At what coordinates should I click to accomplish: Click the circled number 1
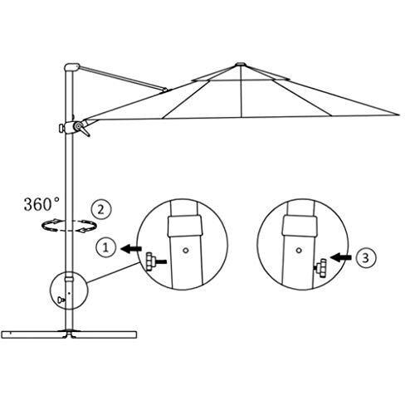[105, 247]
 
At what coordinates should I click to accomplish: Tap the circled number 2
[101, 209]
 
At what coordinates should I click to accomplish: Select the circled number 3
[365, 258]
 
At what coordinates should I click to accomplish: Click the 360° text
[41, 204]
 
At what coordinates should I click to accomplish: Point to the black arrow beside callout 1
[131, 249]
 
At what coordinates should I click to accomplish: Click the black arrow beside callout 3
[341, 257]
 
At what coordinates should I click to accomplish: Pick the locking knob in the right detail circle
[321, 268]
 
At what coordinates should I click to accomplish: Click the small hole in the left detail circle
[186, 251]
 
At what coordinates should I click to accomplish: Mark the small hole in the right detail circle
[299, 251]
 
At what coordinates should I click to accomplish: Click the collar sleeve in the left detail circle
[185, 226]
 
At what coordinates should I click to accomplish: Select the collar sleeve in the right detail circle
[300, 226]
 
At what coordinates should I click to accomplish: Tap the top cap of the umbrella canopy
[241, 65]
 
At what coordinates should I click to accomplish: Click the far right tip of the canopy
[399, 115]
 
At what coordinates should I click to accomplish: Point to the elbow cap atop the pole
[71, 67]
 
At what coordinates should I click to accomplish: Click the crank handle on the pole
[82, 129]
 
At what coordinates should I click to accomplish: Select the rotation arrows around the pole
[69, 226]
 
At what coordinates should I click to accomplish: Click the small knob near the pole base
[61, 300]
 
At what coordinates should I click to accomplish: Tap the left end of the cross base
[2, 334]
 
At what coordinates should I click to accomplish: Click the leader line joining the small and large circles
[113, 273]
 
